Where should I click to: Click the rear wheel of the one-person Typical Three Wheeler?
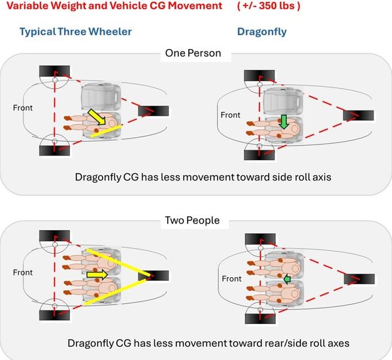point(154,112)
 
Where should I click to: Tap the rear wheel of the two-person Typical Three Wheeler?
point(154,276)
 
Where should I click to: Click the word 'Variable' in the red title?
point(25,7)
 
